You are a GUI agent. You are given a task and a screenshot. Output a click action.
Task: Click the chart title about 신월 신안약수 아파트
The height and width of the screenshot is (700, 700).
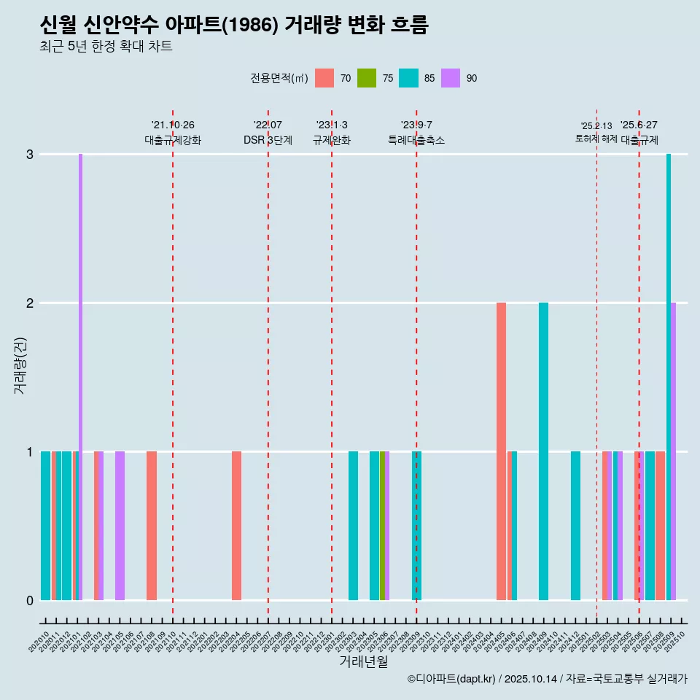pos(234,26)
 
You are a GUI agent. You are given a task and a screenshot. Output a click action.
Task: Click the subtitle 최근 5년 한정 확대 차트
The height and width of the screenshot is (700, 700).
pos(106,47)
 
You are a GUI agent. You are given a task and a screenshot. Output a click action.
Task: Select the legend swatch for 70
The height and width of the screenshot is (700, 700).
pos(324,78)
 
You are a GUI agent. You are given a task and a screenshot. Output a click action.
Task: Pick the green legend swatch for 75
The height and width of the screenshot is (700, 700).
pos(367,78)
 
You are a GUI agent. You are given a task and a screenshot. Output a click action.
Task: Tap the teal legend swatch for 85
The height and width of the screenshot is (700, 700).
pos(408,78)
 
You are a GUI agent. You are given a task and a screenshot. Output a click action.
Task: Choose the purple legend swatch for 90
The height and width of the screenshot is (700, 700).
pos(451,78)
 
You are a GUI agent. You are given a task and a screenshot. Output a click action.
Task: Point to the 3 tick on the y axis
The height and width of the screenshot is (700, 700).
pos(30,154)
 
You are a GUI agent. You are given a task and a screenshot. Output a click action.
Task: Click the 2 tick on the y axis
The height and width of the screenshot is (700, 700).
pos(30,303)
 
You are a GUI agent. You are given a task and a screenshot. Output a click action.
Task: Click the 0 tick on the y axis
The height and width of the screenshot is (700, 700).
pos(30,600)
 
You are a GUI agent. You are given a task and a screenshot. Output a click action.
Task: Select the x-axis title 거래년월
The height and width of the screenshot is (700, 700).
pos(363,661)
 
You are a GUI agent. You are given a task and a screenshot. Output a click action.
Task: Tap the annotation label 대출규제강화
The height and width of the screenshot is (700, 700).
pos(172,140)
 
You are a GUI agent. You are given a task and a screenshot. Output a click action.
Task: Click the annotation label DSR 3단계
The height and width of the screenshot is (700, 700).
pos(268,140)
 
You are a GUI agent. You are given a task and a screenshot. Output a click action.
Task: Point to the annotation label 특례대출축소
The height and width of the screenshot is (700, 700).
pos(416,140)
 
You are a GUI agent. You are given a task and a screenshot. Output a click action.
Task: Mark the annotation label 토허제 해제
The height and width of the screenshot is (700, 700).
pos(596,139)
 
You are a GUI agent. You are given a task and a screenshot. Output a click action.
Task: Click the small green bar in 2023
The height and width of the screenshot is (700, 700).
pos(382,525)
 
